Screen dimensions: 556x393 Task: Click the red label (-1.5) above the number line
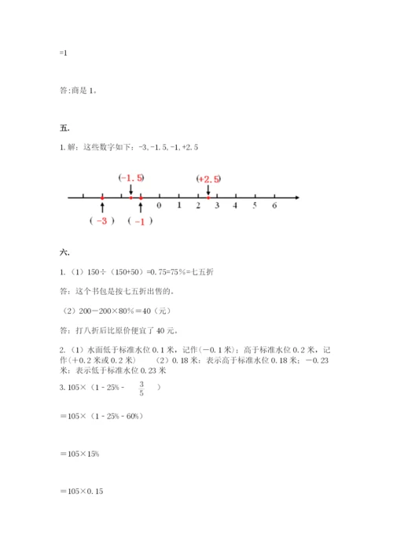pos(130,178)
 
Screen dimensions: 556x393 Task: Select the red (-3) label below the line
pos(102,222)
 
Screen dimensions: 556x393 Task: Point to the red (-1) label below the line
pos(140,222)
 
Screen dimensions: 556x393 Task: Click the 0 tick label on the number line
pos(159,205)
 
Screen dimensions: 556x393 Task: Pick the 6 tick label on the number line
pos(274,205)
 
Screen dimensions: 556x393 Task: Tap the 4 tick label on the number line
pos(236,205)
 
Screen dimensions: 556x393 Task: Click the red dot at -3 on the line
pos(102,197)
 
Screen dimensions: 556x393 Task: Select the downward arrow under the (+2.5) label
pos(208,190)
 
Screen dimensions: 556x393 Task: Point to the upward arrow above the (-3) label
pos(102,207)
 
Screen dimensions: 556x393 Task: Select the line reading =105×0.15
pos(82,492)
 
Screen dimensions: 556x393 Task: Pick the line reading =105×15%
pos(79,454)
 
